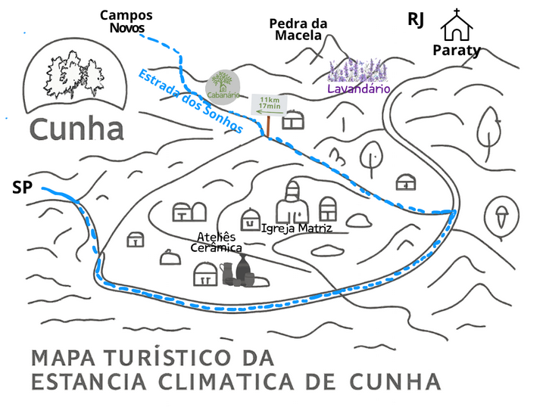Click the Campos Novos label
[126, 21]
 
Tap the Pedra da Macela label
[298, 29]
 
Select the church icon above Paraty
[457, 26]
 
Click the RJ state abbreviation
[416, 20]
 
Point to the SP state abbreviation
[22, 187]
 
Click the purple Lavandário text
[358, 89]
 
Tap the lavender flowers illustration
[357, 70]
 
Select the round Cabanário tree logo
[223, 85]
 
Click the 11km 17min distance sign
[269, 104]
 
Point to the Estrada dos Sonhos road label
[191, 101]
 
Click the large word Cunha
[76, 129]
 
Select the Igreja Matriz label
[296, 227]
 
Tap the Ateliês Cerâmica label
[216, 242]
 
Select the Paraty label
[457, 51]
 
